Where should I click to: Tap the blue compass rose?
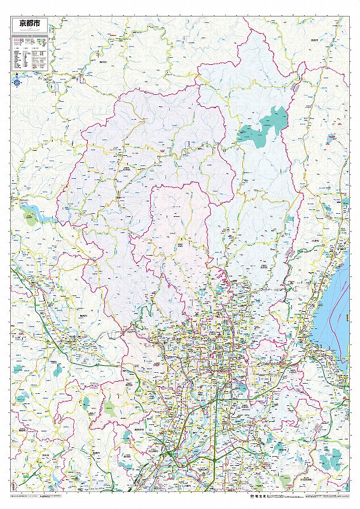click(x=17, y=81)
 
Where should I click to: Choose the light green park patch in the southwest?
click(x=111, y=408)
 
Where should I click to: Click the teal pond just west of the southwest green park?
click(x=85, y=402)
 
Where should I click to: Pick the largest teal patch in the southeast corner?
click(x=330, y=457)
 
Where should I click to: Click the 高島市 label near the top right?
click(x=314, y=39)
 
